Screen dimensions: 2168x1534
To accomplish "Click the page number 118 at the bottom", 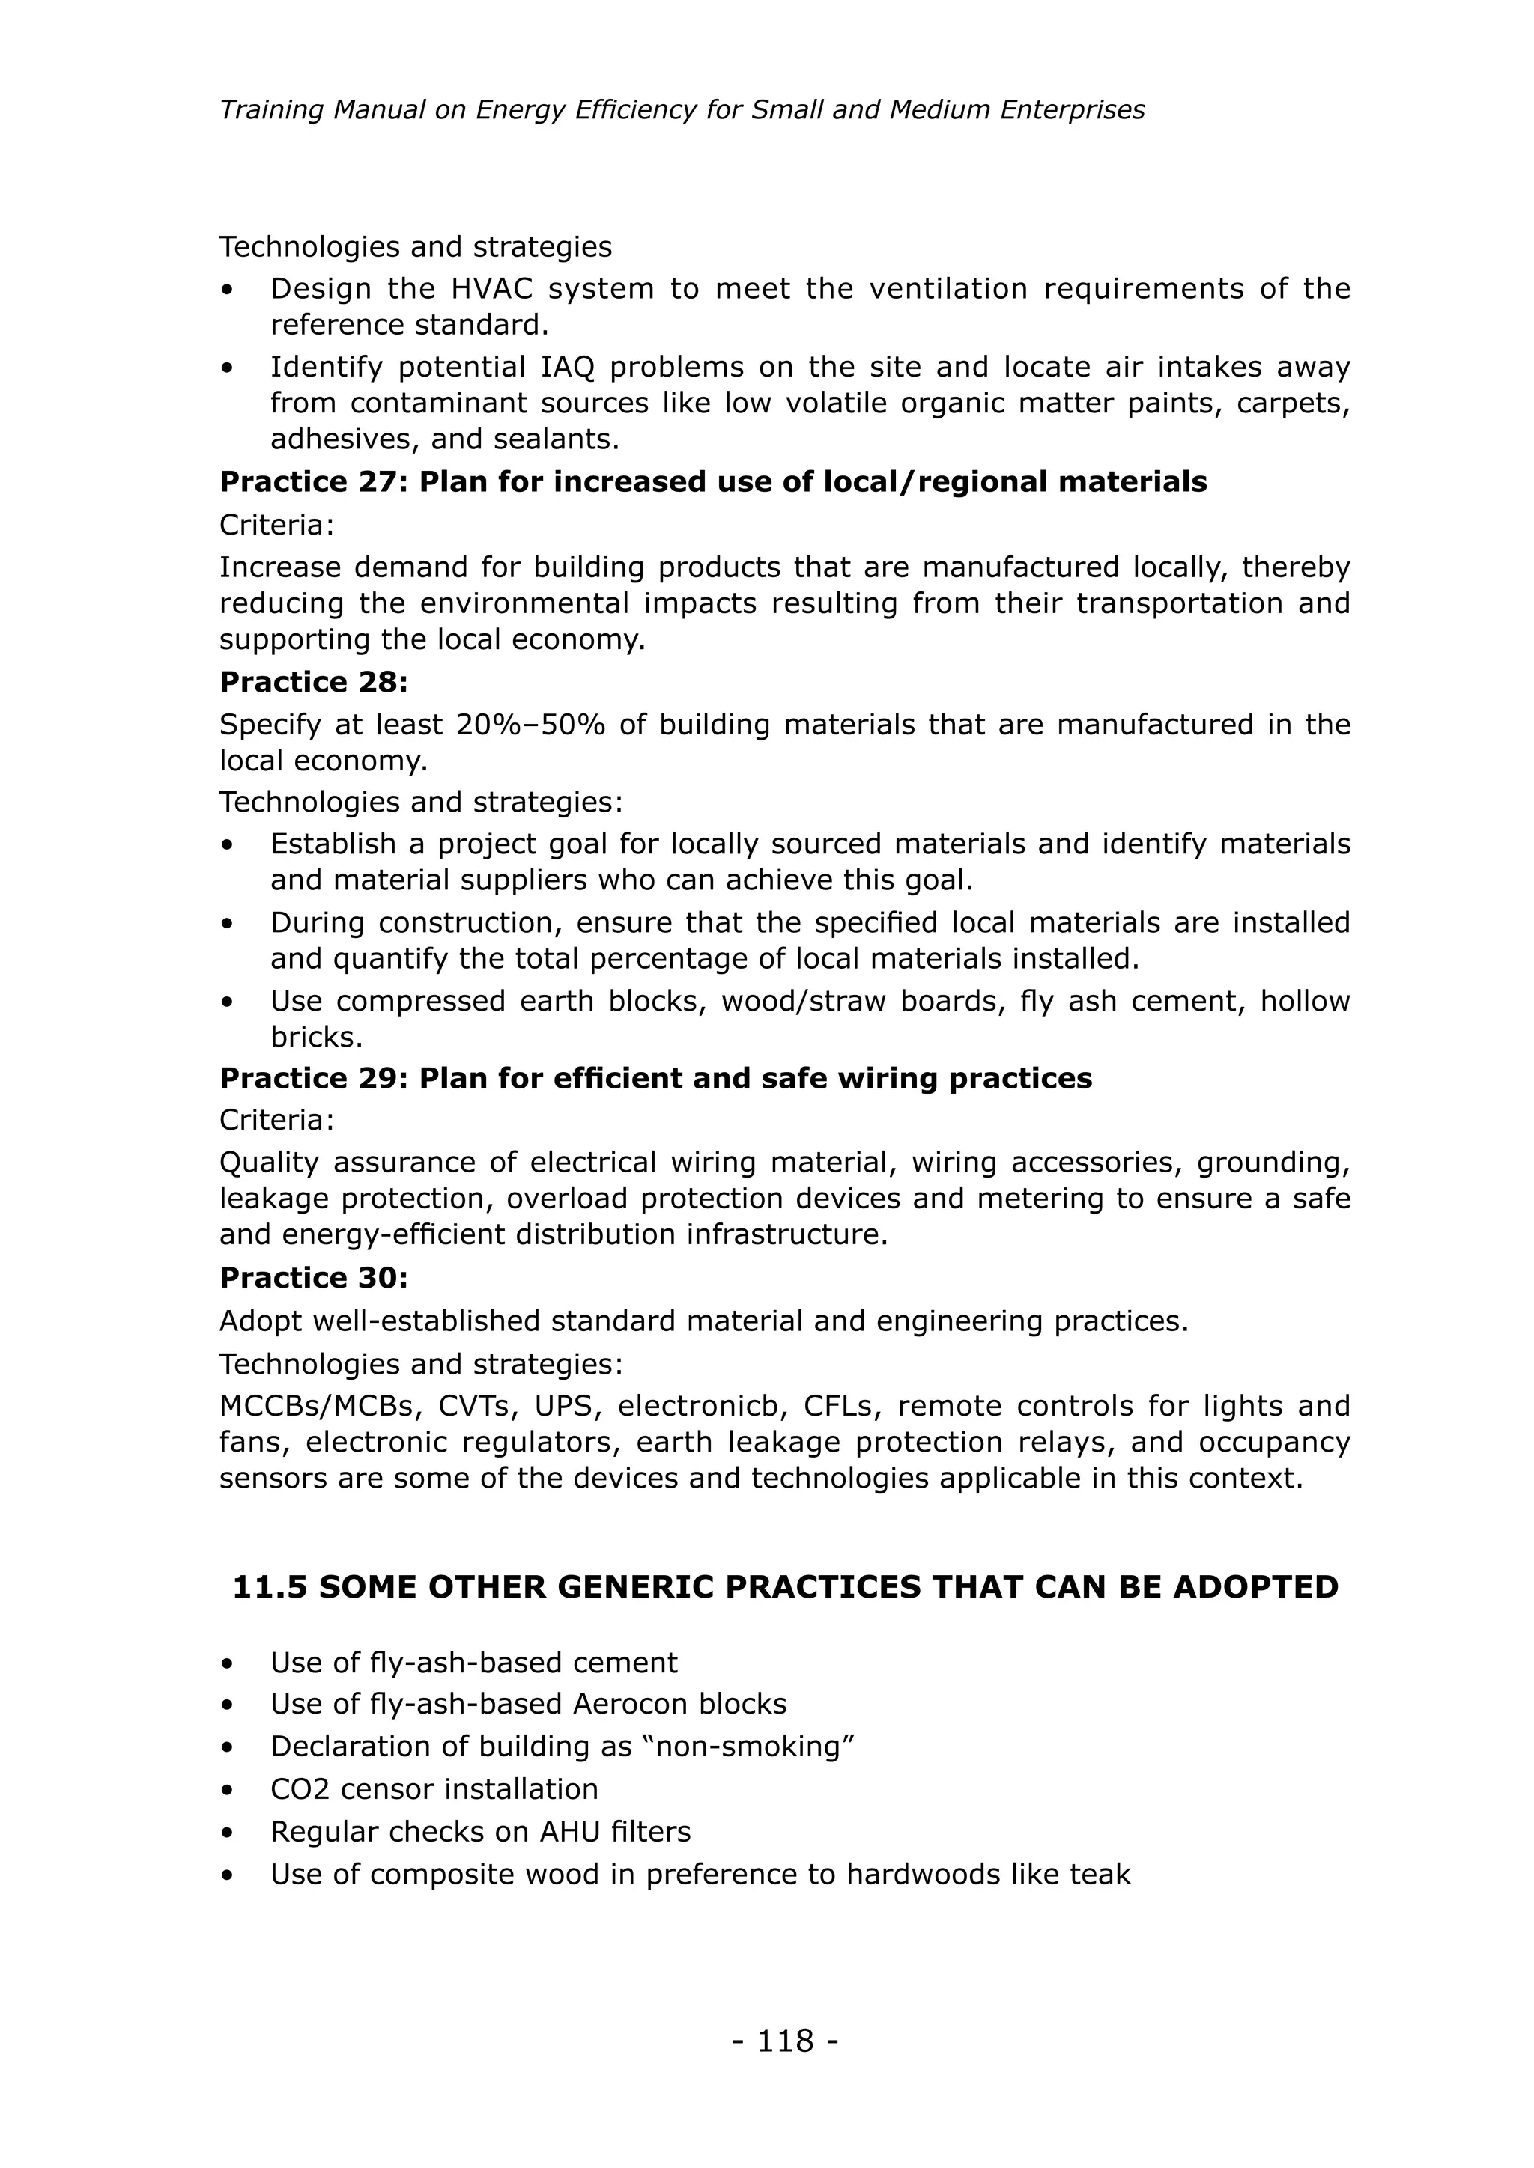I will [x=784, y=2041].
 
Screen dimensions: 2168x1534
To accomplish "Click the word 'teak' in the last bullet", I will [x=1100, y=1875].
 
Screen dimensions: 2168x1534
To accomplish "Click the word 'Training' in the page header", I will [x=271, y=111].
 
